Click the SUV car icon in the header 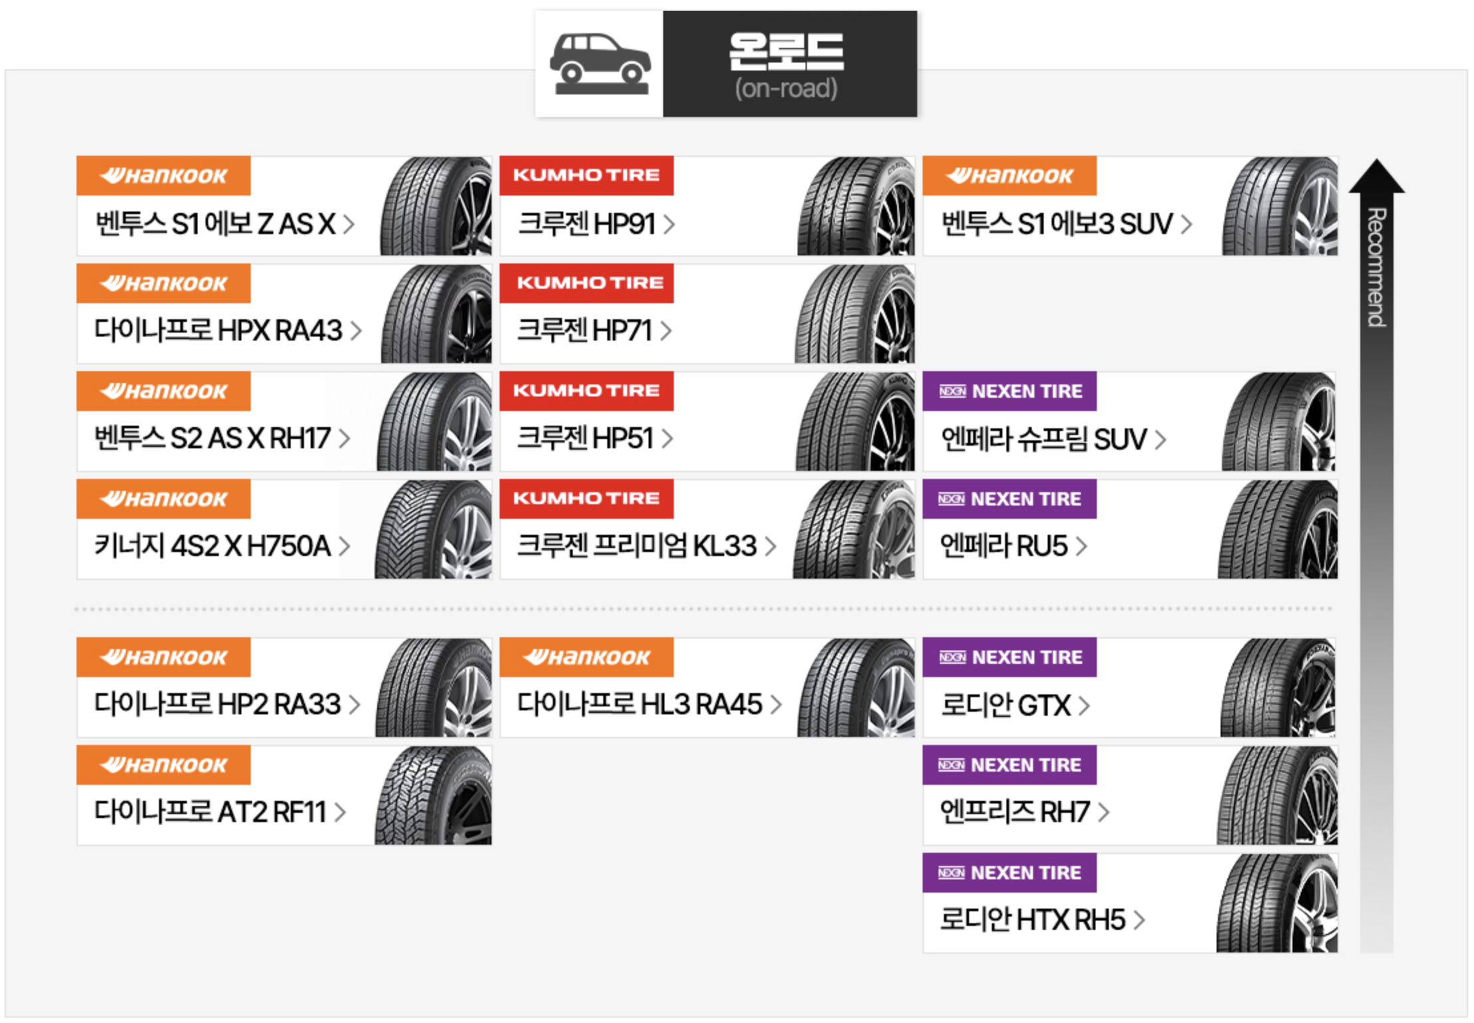click(599, 64)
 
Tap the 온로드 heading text click(786, 52)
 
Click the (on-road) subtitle click(786, 88)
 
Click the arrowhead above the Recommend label click(1376, 177)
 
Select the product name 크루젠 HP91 click(587, 224)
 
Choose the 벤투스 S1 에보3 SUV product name click(1057, 224)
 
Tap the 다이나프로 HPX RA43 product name click(218, 331)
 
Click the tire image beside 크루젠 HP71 click(855, 314)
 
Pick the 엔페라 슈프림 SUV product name click(1044, 439)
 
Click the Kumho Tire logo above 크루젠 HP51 click(586, 391)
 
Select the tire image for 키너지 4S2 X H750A click(434, 529)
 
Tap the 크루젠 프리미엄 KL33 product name click(637, 546)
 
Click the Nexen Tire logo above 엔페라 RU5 click(1009, 499)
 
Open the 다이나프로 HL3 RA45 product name click(640, 704)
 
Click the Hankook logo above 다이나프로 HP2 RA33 click(164, 657)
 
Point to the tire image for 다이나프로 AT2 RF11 click(434, 796)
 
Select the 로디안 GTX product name click(1006, 706)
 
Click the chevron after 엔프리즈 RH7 click(1104, 812)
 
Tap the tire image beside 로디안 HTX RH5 click(1277, 903)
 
